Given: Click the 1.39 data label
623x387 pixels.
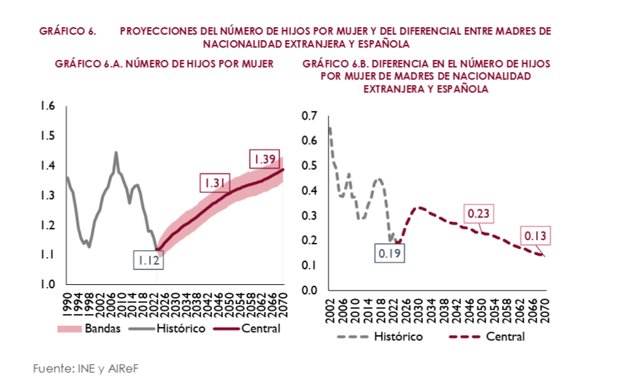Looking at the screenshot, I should click(x=263, y=159).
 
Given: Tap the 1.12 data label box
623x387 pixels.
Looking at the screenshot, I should click(x=147, y=260).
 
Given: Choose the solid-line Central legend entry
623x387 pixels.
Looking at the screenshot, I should click(x=247, y=329).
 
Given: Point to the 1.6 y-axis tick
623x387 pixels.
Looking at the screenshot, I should click(x=47, y=105).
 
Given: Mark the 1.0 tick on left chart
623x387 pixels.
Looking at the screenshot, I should click(x=47, y=284).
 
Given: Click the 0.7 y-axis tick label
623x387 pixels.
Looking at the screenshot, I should click(x=309, y=116).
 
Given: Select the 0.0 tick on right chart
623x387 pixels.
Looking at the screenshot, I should click(x=309, y=290).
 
